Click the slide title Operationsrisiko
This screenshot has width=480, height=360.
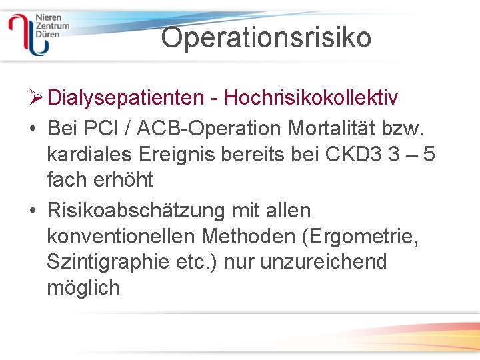click(x=266, y=37)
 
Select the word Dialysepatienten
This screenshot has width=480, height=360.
click(x=126, y=98)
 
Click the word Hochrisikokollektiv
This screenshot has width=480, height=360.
click(x=311, y=98)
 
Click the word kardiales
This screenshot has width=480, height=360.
click(x=91, y=154)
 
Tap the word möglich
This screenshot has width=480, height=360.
click(x=83, y=287)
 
